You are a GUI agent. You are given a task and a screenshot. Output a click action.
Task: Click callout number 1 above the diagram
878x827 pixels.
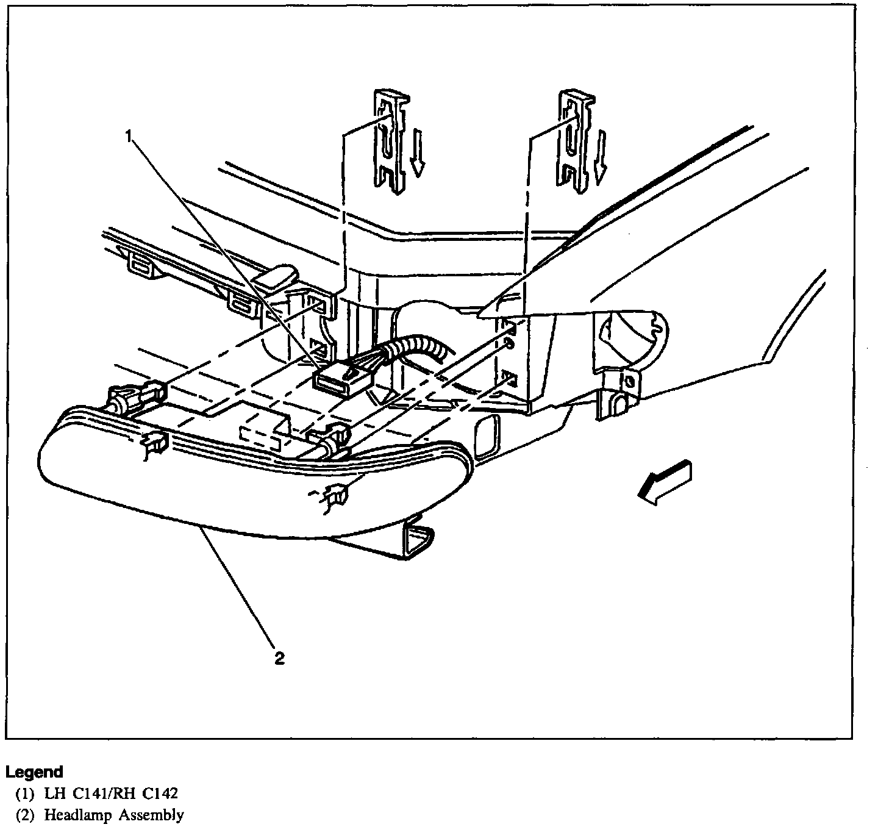129,136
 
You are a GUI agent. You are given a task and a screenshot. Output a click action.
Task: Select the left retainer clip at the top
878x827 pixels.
390,140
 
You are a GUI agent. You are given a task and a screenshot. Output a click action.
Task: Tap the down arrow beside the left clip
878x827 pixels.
417,152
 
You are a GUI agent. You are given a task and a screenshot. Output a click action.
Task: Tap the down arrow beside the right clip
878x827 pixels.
601,156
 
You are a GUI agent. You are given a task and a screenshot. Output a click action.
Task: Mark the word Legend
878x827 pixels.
34,772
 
